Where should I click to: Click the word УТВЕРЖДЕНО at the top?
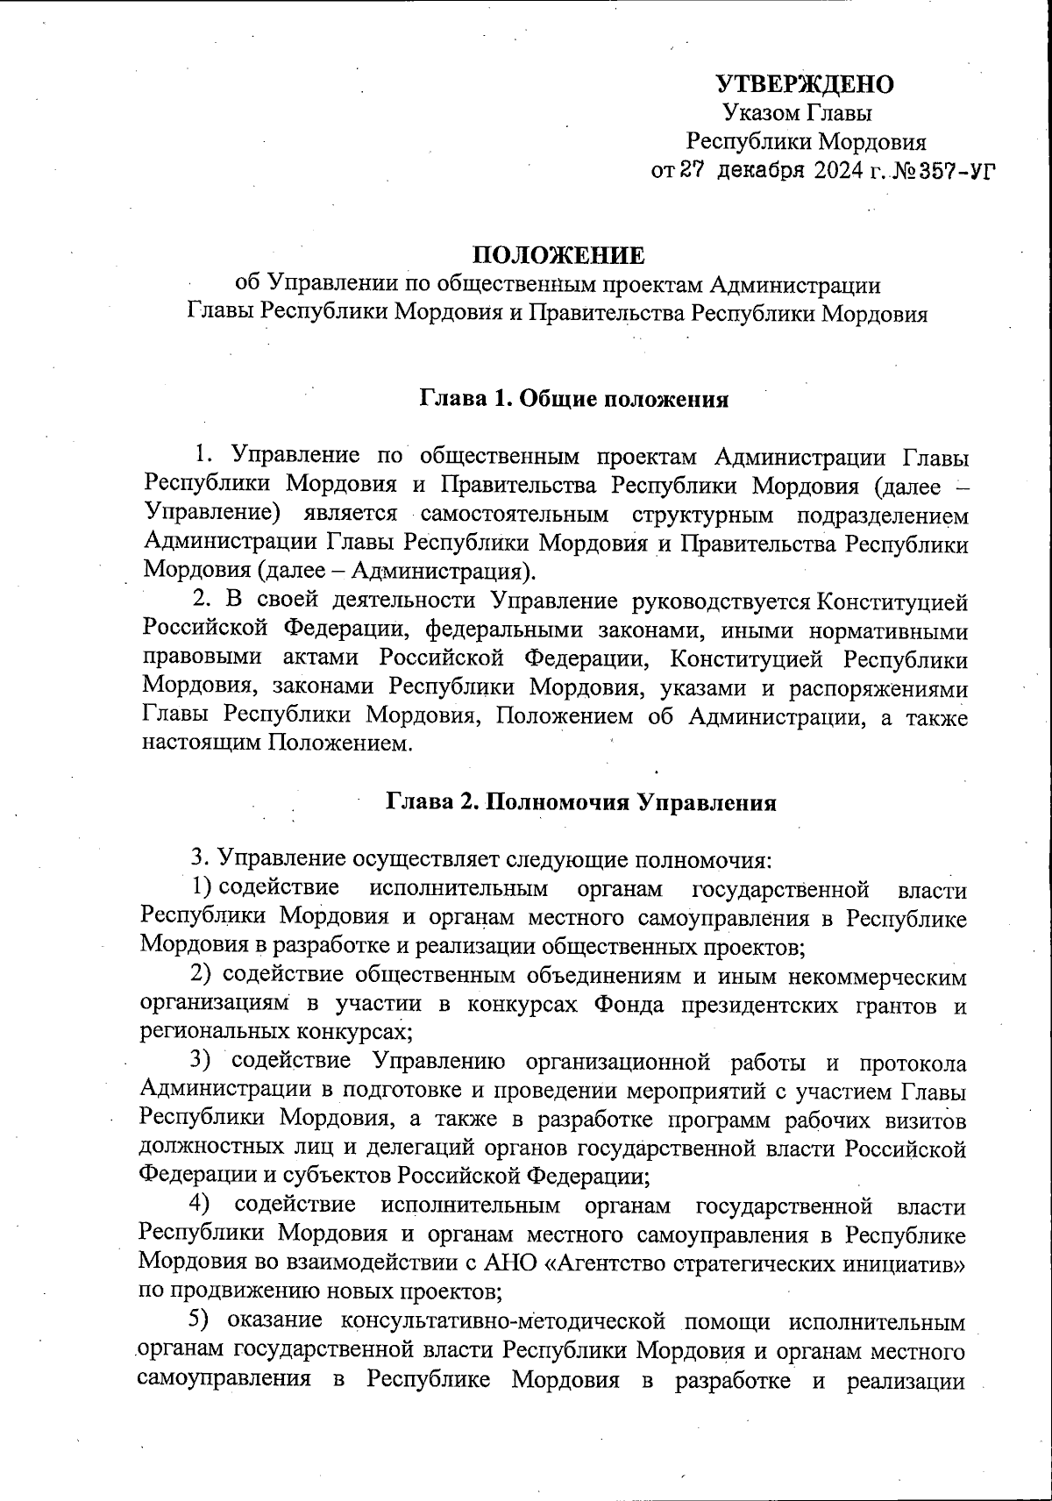pyautogui.click(x=805, y=84)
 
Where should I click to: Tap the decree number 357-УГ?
pyautogui.click(x=953, y=170)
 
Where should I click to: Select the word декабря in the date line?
pyautogui.click(x=759, y=170)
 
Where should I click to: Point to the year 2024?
pyautogui.click(x=838, y=170)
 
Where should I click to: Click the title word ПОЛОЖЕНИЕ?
pyautogui.click(x=558, y=255)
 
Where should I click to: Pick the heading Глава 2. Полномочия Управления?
pyautogui.click(x=580, y=803)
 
